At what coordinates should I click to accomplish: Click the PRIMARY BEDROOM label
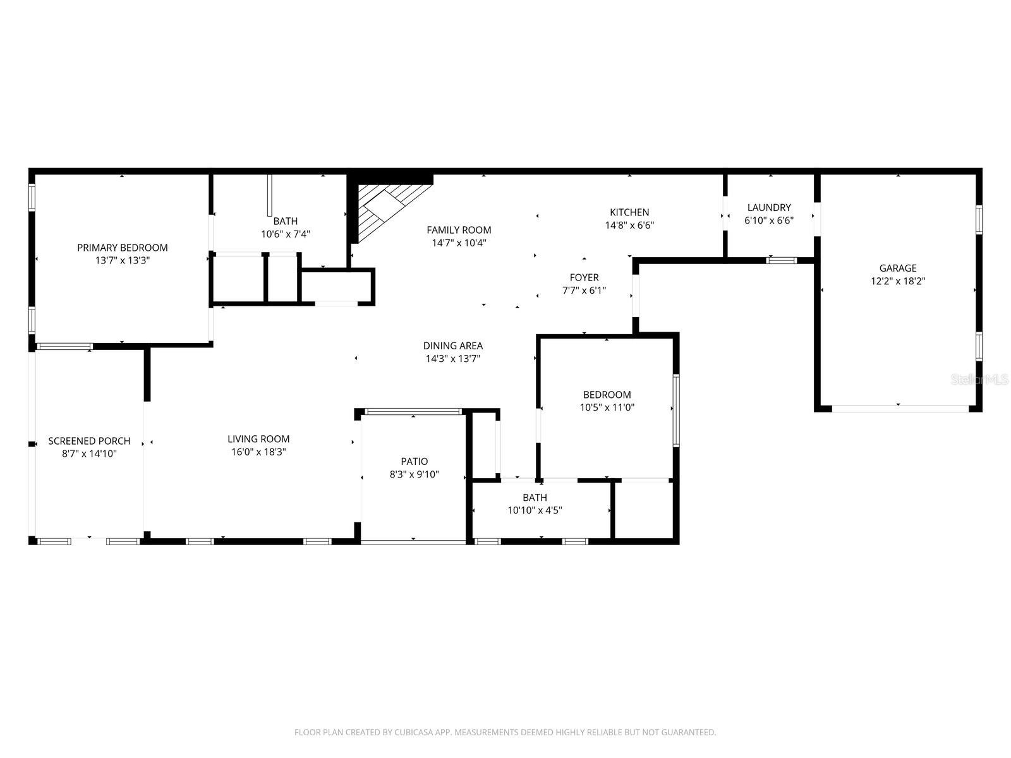click(x=122, y=248)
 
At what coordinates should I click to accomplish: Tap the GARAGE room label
click(x=897, y=268)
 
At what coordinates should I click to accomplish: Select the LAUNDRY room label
click(x=768, y=207)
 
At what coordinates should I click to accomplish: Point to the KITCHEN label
click(x=629, y=212)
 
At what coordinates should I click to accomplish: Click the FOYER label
click(x=584, y=277)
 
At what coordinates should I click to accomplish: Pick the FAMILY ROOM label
click(x=459, y=230)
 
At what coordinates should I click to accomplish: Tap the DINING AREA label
click(x=452, y=346)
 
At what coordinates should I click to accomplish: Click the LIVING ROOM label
click(x=258, y=439)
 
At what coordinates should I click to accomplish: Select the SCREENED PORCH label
click(x=89, y=441)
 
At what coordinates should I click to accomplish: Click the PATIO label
click(x=414, y=461)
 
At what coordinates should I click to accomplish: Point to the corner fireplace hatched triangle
click(x=379, y=205)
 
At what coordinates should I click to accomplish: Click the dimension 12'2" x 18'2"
click(x=897, y=281)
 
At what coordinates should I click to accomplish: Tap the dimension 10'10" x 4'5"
click(x=535, y=510)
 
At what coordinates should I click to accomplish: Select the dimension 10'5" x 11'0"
click(x=607, y=408)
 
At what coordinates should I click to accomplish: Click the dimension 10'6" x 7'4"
click(x=285, y=234)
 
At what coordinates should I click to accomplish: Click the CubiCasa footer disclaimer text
click(x=505, y=733)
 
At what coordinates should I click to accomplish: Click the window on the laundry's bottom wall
click(x=782, y=260)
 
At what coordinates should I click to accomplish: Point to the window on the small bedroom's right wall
click(x=675, y=410)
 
